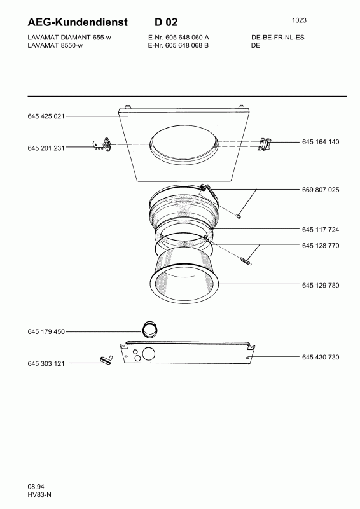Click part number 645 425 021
(46, 116)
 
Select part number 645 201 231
(46, 148)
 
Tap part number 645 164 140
(321, 142)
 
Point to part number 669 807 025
(321, 190)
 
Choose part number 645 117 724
(321, 230)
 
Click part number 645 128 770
(321, 246)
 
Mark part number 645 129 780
(321, 285)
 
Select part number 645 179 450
(46, 331)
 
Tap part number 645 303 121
(46, 363)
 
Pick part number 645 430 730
(321, 357)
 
